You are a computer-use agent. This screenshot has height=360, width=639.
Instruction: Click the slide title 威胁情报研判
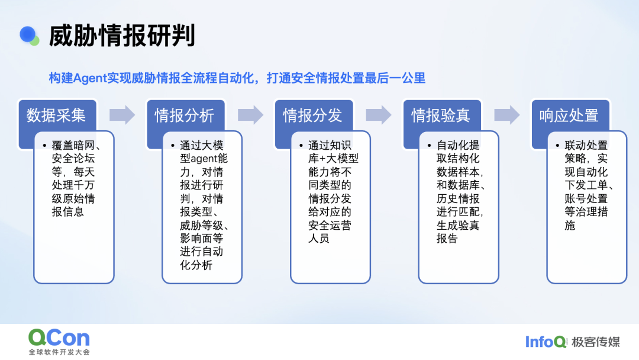pyautogui.click(x=122, y=36)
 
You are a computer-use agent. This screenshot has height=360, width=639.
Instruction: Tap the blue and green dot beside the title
pyautogui.click(x=30, y=36)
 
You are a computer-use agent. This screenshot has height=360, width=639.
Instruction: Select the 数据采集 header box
pyautogui.click(x=57, y=115)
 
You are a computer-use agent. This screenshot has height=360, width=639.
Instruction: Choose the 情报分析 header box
pyautogui.click(x=185, y=115)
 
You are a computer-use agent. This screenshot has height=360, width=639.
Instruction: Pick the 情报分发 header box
pyautogui.click(x=314, y=115)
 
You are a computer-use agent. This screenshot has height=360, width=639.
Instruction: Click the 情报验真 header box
pyautogui.click(x=442, y=115)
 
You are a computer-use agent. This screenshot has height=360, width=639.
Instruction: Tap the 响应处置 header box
pyautogui.click(x=570, y=115)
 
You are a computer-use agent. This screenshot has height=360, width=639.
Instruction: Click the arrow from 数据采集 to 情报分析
pyautogui.click(x=122, y=115)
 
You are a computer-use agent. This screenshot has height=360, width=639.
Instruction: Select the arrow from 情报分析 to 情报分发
pyautogui.click(x=251, y=115)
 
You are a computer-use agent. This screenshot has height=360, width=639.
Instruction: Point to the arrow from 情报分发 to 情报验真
pyautogui.click(x=379, y=115)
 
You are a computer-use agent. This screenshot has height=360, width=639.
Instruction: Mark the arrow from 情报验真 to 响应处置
pyautogui.click(x=507, y=115)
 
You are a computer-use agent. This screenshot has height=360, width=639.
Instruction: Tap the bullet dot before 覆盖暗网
pyautogui.click(x=44, y=146)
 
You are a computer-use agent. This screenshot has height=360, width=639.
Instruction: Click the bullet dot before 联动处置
pyautogui.click(x=557, y=146)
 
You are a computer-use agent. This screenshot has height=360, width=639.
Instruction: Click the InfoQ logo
pyautogui.click(x=546, y=342)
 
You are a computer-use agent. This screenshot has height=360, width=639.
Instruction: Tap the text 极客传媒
pyautogui.click(x=595, y=342)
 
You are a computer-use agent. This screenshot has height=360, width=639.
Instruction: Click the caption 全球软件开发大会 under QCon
pyautogui.click(x=59, y=352)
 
